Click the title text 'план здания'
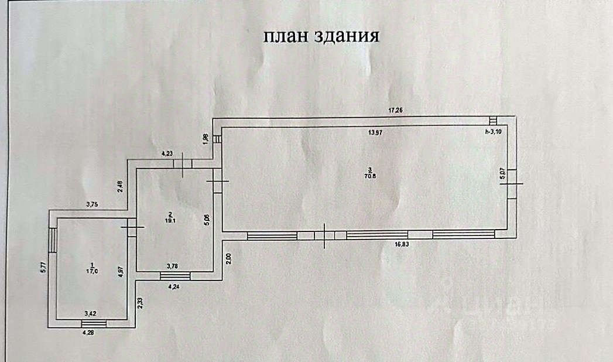[321, 36]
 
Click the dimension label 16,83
[402, 245]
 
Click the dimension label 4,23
[167, 154]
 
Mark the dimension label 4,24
[174, 287]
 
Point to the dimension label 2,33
[139, 302]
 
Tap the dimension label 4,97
[121, 272]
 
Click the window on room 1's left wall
[53, 240]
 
